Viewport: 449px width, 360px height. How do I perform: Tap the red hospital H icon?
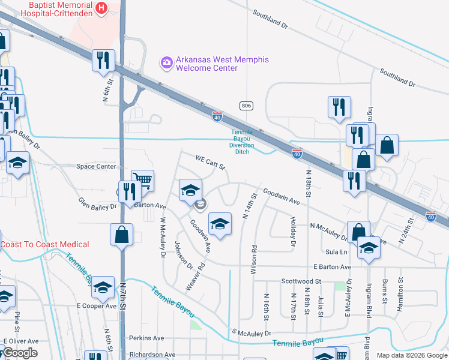(x=101, y=8)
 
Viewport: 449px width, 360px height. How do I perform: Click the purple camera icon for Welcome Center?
(x=166, y=62)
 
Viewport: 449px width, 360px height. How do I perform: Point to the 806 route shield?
(x=246, y=106)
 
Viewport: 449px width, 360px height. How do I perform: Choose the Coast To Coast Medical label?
(x=44, y=244)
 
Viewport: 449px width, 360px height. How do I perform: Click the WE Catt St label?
(x=210, y=161)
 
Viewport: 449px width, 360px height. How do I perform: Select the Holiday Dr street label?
(x=294, y=232)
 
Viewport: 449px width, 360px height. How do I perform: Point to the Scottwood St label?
(x=301, y=281)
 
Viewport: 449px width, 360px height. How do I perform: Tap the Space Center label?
(x=95, y=166)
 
